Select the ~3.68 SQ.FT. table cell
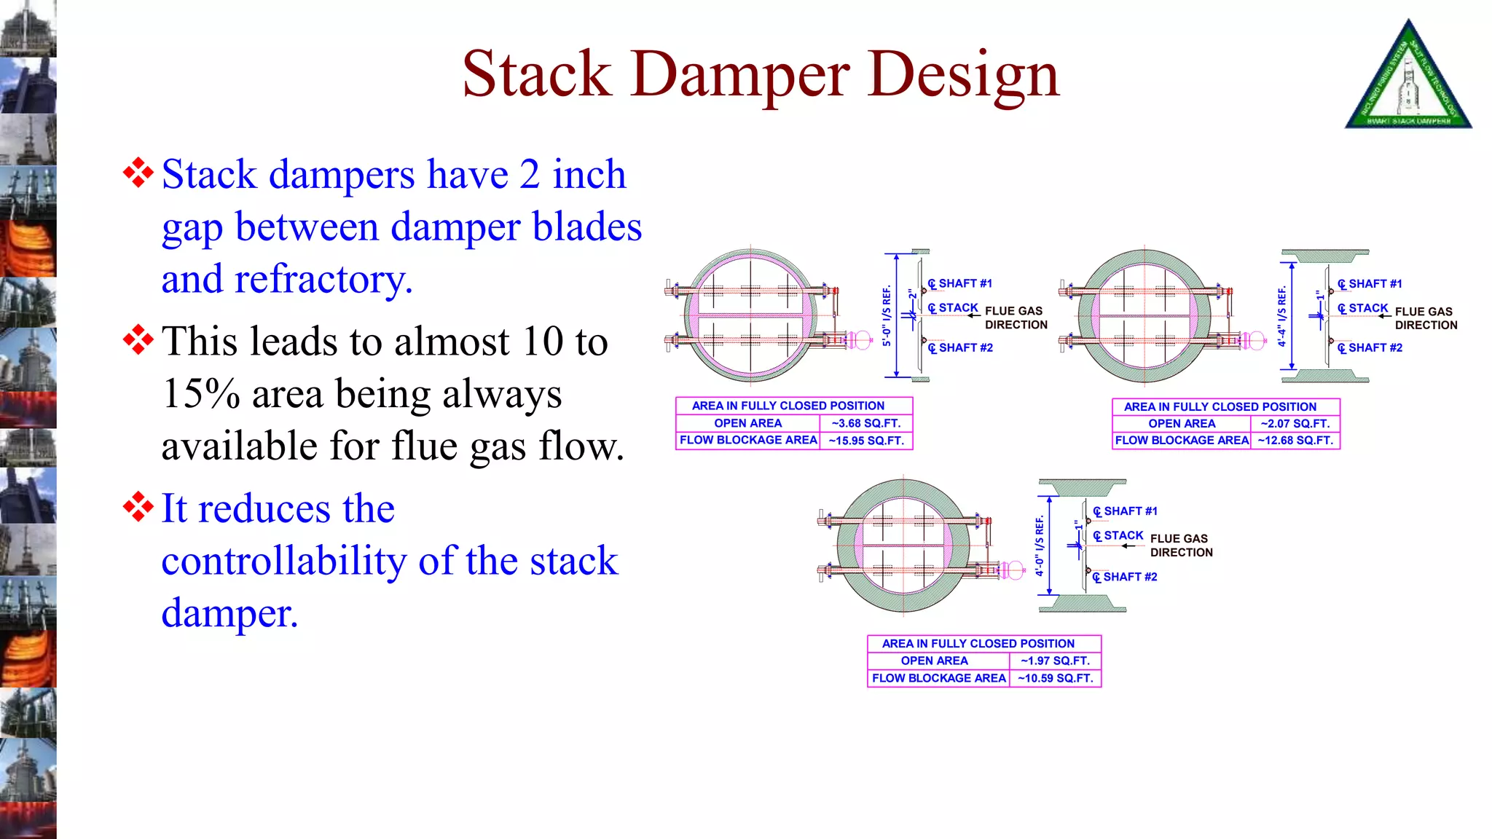[865, 423]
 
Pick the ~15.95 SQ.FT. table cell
[865, 441]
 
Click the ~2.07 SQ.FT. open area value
[1295, 424]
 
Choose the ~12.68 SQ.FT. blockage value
[1295, 441]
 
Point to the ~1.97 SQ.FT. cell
[1054, 661]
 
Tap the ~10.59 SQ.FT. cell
[1054, 678]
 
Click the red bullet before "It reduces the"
[138, 507]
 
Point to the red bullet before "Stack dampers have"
[138, 173]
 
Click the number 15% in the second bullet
[201, 394]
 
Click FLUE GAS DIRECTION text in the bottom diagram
[1181, 545]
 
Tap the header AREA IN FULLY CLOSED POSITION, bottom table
[978, 644]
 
